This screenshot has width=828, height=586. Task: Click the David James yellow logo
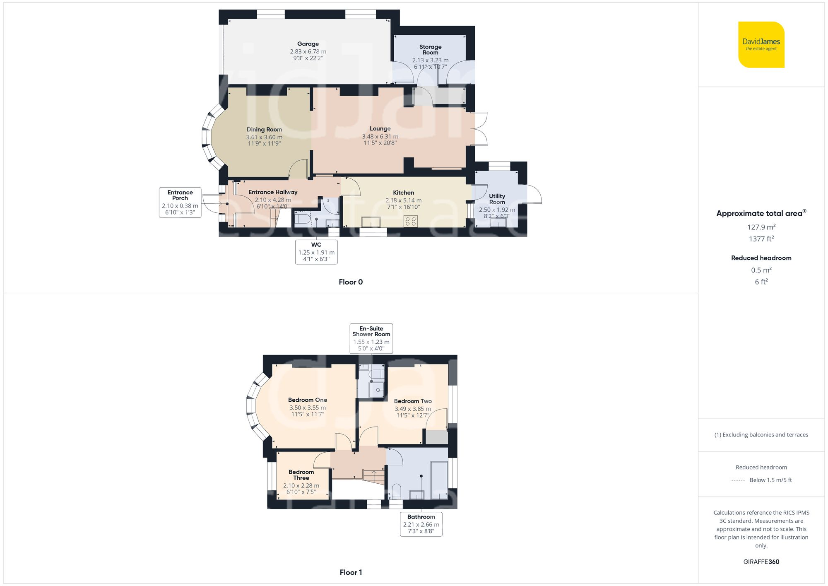click(761, 45)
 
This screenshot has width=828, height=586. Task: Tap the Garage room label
click(308, 44)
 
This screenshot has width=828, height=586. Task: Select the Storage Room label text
click(430, 50)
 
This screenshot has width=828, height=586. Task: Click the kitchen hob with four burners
click(411, 221)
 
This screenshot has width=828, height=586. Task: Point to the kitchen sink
click(371, 222)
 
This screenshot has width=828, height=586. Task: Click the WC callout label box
click(316, 252)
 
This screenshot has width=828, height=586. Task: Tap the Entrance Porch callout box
click(180, 203)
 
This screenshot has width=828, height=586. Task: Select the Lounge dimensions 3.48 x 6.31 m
click(380, 136)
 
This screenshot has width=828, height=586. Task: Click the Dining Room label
click(264, 130)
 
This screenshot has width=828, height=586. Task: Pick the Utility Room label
click(497, 199)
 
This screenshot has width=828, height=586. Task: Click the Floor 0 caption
click(351, 282)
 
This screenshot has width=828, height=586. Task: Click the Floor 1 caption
click(351, 572)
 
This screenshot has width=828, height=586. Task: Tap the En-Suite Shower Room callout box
click(371, 338)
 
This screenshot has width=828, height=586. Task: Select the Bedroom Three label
click(301, 475)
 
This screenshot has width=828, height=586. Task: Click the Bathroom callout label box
click(421, 524)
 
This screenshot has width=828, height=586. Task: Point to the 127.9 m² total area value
click(761, 227)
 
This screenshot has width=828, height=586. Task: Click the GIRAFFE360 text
click(761, 562)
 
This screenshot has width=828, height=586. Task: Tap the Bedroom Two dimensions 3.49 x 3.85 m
click(412, 409)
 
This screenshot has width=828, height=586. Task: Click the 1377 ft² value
click(761, 239)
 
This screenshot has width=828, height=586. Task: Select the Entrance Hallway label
click(272, 192)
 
